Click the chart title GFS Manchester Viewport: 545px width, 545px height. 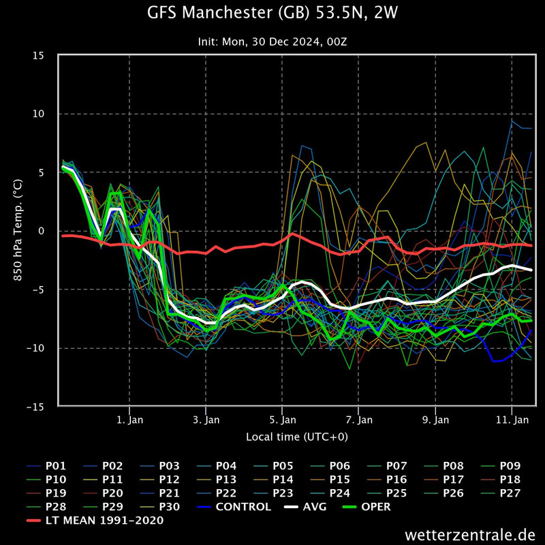click(x=272, y=14)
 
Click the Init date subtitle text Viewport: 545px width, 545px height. click(x=272, y=42)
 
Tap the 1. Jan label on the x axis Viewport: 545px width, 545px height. click(x=129, y=420)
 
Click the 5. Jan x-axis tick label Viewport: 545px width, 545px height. click(x=282, y=420)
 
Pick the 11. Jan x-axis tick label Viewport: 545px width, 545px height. click(x=511, y=420)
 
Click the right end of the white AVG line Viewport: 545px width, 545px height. click(x=531, y=270)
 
